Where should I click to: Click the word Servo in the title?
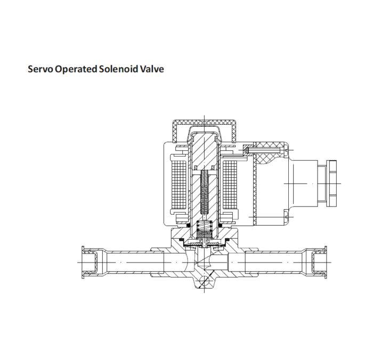click(x=40, y=70)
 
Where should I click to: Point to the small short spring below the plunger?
click(x=205, y=228)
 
